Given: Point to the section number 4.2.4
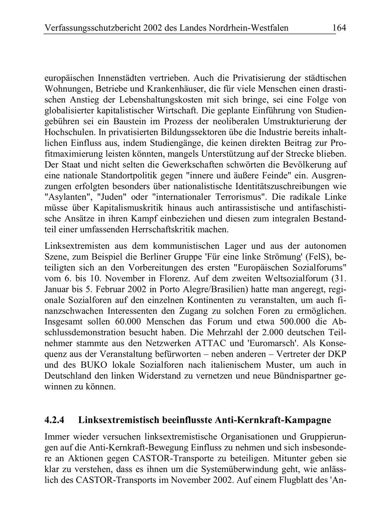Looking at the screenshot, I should point(54,420).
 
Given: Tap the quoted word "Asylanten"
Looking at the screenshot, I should point(65,197).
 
